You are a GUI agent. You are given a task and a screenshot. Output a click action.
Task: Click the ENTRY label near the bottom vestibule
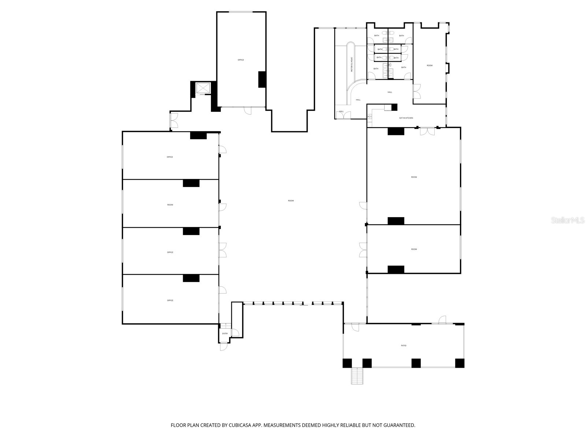pyautogui.click(x=225, y=334)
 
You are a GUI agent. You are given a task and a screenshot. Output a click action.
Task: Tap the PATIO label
pyautogui.click(x=404, y=345)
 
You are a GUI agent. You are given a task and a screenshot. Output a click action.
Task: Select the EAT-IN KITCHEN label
pyautogui.click(x=406, y=118)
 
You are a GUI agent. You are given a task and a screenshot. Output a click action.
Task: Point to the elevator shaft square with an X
pyautogui.click(x=203, y=88)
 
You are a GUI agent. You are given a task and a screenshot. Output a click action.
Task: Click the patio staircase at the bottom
pyautogui.click(x=357, y=376)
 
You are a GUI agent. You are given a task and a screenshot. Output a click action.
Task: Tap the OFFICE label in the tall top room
pyautogui.click(x=241, y=60)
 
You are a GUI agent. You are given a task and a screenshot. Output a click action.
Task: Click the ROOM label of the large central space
pyautogui.click(x=291, y=201)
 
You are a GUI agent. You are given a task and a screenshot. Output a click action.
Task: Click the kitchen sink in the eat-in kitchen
pyautogui.click(x=370, y=117)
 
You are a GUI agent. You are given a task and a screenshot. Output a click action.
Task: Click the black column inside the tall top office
pyautogui.click(x=262, y=79)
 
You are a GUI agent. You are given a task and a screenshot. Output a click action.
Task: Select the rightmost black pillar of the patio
pyautogui.click(x=460, y=363)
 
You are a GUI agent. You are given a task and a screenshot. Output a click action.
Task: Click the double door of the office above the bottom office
pyautogui.click(x=223, y=250)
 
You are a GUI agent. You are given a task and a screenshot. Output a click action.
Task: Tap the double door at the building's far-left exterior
pyautogui.click(x=174, y=121)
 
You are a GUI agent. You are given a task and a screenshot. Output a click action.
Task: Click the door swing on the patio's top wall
pyautogui.click(x=442, y=320)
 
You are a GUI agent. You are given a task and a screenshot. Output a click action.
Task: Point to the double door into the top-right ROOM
pyautogui.click(x=417, y=91)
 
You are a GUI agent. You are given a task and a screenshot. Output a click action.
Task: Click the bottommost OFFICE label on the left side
pyautogui.click(x=170, y=300)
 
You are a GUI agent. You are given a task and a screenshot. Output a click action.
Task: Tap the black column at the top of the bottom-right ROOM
pyautogui.click(x=396, y=221)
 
